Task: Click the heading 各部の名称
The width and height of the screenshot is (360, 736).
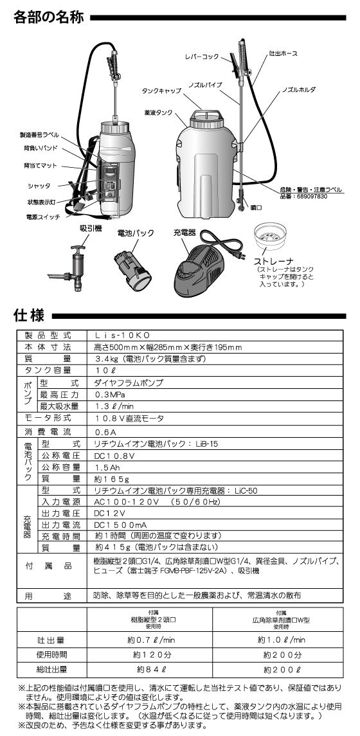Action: point(48,18)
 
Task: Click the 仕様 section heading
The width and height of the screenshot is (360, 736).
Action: point(29,315)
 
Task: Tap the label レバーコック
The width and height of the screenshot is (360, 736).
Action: point(201,57)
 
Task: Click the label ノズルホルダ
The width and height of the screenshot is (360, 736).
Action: point(299,89)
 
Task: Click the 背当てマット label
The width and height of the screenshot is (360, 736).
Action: point(40,166)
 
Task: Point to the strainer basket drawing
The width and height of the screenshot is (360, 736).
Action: point(271,238)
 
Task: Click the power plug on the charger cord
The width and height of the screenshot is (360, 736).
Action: point(240,256)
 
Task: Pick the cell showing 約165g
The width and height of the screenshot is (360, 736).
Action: point(112,479)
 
